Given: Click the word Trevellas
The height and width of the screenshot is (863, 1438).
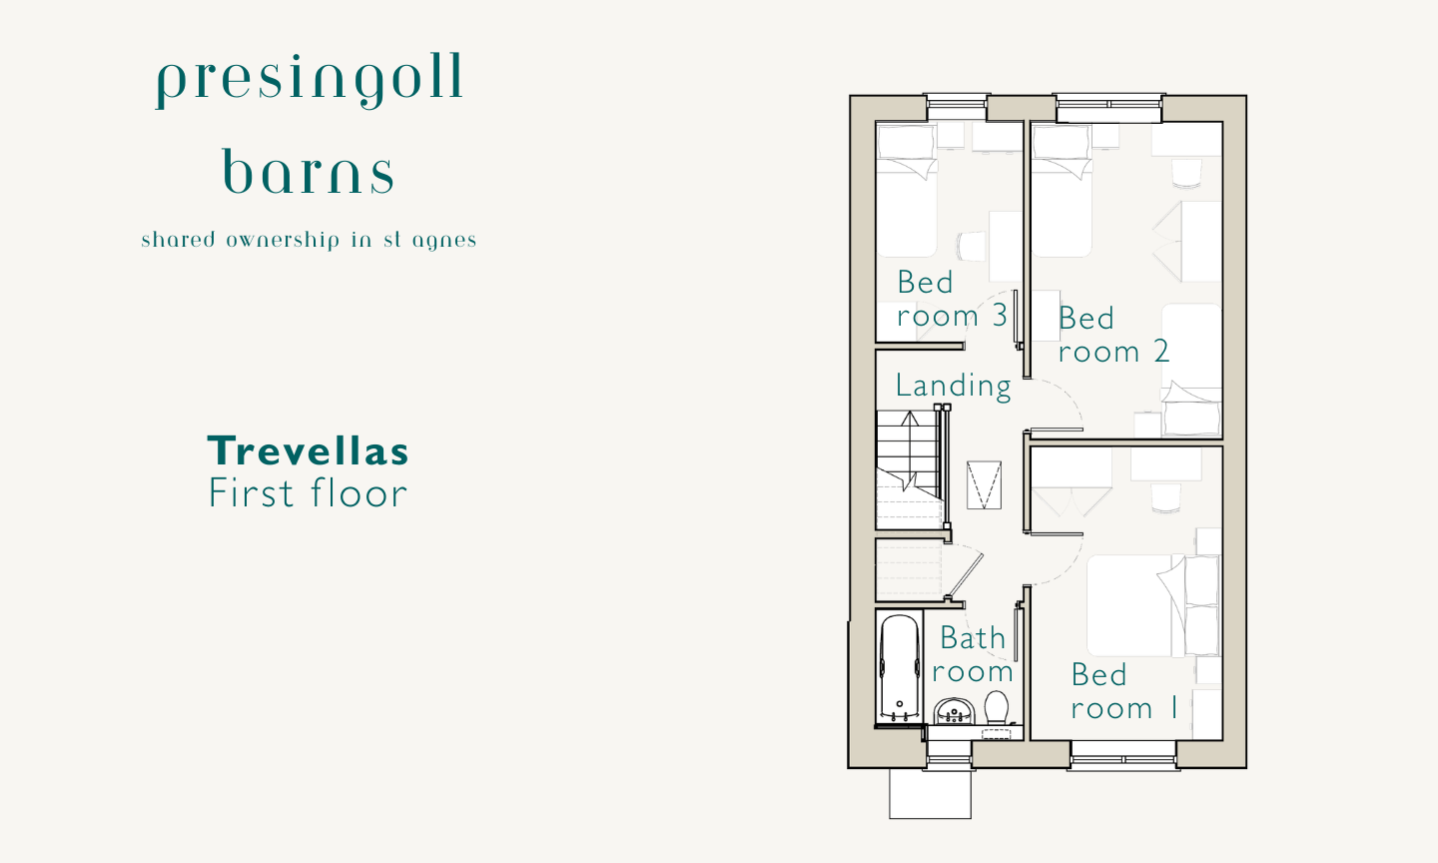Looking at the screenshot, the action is (308, 450).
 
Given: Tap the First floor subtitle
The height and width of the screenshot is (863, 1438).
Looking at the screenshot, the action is (309, 493).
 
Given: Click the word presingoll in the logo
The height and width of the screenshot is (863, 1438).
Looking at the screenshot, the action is (310, 81).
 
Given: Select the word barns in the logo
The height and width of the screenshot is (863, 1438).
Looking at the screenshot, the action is (309, 172).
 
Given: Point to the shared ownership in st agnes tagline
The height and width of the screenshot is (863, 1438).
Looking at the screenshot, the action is (309, 240).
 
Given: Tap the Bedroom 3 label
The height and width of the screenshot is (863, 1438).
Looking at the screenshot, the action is (952, 300).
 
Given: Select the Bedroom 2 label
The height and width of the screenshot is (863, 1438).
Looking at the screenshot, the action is (1113, 336).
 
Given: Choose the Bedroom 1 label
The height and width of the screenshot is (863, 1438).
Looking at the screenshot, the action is (1124, 691).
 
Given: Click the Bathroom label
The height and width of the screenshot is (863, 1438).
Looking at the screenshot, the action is (973, 654).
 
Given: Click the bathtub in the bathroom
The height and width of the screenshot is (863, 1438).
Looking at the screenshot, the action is (900, 668).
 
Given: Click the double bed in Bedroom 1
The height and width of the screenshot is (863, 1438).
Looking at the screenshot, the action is (1153, 605).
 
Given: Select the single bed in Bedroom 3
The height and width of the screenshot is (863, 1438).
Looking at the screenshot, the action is (907, 191).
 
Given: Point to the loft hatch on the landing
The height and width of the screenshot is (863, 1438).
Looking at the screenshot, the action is (985, 484).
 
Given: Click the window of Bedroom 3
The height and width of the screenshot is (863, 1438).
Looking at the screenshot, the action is (957, 107).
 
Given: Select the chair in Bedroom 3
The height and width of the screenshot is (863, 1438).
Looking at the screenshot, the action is (971, 246).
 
